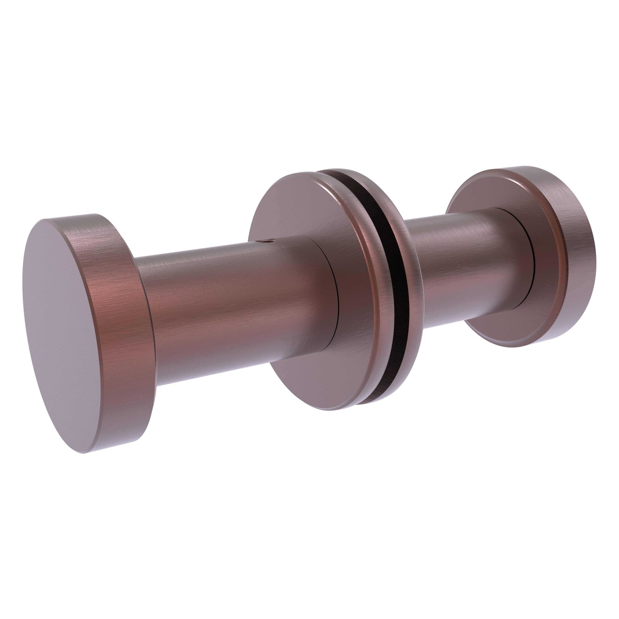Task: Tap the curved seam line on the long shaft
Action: [336, 295]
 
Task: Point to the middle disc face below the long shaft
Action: [308, 384]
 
